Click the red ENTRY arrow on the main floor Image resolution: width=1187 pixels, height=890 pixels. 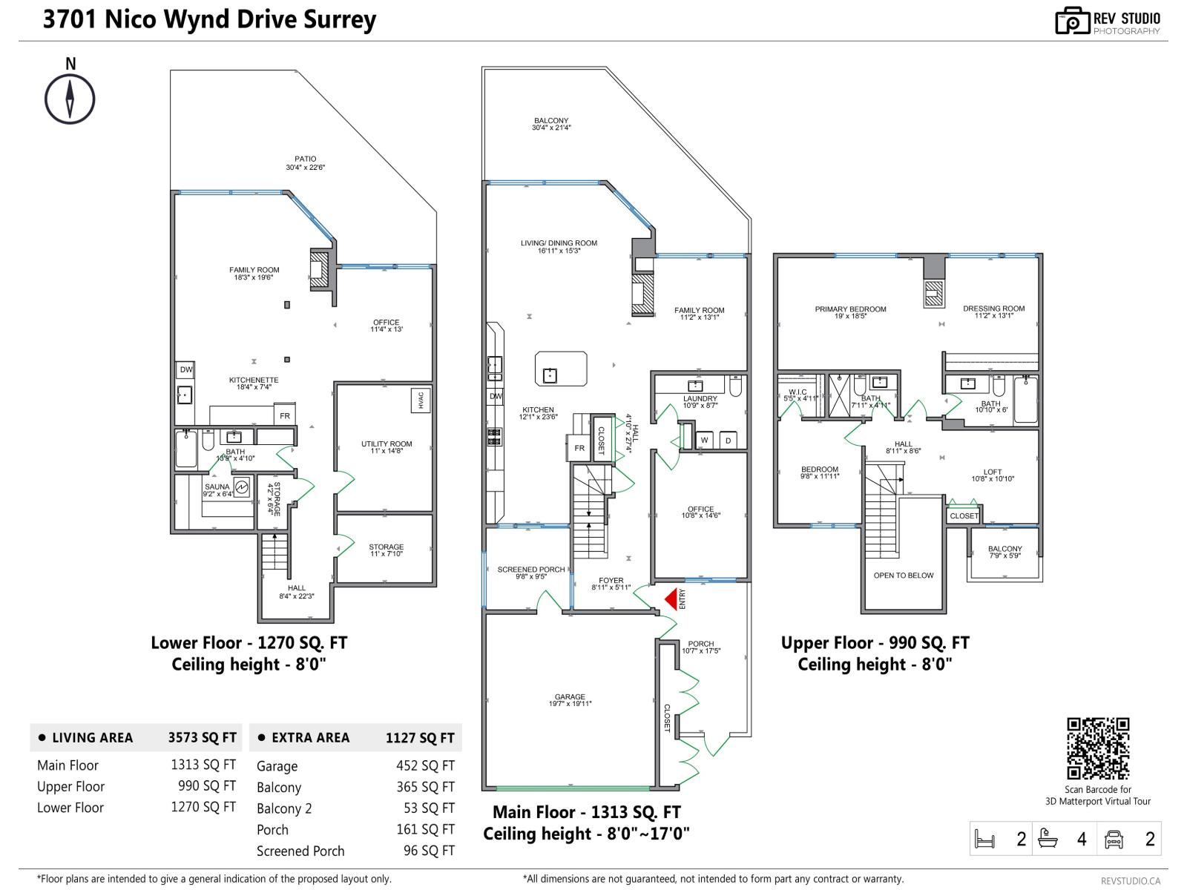[672, 599]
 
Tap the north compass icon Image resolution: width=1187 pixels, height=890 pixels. [70, 99]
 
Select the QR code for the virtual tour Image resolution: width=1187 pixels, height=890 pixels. [1098, 748]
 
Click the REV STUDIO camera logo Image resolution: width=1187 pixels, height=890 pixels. [1071, 21]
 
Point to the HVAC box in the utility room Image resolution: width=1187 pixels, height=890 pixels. [421, 400]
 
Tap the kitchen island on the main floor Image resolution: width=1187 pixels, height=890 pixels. [561, 369]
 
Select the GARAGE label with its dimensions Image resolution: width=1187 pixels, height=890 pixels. [570, 700]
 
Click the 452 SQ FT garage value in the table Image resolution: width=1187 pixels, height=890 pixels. [425, 765]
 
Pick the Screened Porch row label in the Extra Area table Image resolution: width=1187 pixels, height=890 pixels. [300, 851]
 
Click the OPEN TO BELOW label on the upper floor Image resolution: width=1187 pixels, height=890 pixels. [903, 576]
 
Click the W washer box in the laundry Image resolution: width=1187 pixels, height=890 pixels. [704, 441]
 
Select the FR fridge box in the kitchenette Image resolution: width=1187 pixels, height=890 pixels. [285, 416]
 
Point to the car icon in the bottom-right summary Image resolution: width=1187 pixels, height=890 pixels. [1114, 839]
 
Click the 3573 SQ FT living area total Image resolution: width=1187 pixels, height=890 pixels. [202, 737]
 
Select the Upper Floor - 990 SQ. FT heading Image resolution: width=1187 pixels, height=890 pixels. [875, 643]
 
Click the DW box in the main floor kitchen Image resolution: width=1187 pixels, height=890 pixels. [496, 396]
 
